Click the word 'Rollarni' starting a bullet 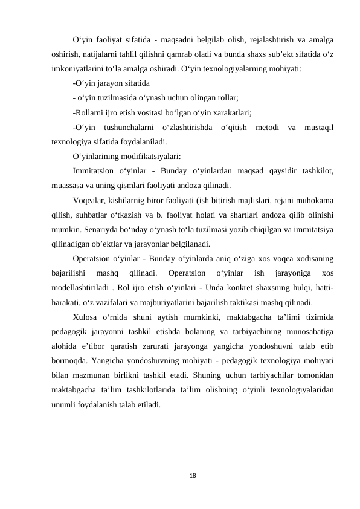click(x=88, y=112)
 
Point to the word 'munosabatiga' click(x=306, y=332)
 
